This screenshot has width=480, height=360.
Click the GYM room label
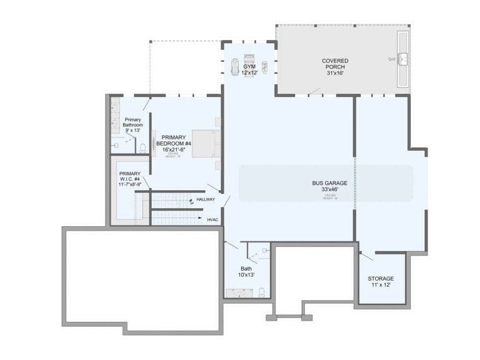[x=249, y=66]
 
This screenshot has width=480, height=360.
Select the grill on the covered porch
[x=404, y=59]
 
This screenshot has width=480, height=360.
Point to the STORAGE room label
[x=381, y=278]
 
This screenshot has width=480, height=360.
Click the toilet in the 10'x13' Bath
[x=262, y=291]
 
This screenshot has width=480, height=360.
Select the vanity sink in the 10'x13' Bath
[x=237, y=292]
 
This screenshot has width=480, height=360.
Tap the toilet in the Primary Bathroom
[x=142, y=148]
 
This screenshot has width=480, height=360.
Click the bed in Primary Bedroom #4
[x=206, y=144]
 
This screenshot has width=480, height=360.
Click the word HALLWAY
[x=206, y=199]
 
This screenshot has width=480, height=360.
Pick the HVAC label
[x=212, y=219]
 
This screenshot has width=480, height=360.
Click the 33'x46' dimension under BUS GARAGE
[x=329, y=190]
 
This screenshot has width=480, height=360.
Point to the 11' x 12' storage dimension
[x=381, y=285]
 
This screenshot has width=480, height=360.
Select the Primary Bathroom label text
[x=132, y=122]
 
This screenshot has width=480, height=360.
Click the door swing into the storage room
[x=367, y=256]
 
